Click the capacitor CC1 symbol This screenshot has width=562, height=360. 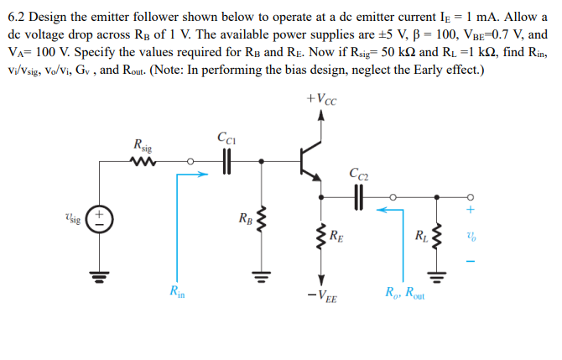tap(226, 161)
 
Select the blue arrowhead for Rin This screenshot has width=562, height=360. tap(201, 175)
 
